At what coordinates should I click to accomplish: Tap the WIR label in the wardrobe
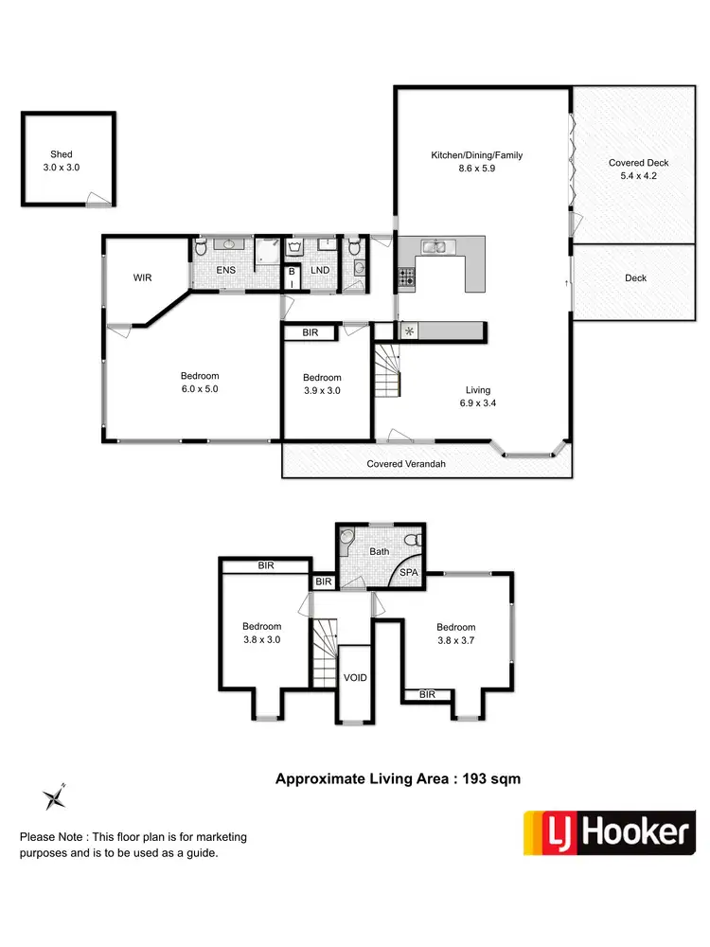click(142, 277)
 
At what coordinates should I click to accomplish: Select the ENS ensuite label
click(225, 271)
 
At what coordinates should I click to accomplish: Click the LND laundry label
click(320, 271)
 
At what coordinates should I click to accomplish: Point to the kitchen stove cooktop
click(406, 277)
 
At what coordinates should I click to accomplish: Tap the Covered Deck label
click(639, 169)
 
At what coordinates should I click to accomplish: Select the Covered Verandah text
click(406, 464)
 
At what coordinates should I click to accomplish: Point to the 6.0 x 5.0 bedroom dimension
click(200, 388)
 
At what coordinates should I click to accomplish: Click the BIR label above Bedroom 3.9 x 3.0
click(310, 333)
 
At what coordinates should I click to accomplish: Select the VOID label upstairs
click(355, 678)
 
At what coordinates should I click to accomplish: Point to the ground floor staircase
click(388, 371)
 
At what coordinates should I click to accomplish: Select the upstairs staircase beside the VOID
click(325, 651)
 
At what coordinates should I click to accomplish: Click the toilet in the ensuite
click(201, 250)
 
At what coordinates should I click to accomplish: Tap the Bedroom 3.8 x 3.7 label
click(455, 634)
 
